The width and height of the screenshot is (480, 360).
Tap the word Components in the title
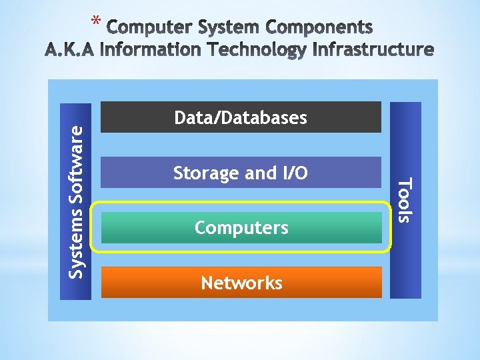[x=321, y=27]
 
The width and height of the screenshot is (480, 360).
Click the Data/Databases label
[x=240, y=118]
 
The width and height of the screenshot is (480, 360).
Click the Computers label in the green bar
[x=241, y=228]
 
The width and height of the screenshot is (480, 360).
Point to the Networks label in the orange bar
[x=241, y=283]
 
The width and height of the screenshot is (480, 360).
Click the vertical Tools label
[x=405, y=199]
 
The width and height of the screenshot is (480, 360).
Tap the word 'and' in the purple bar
[x=256, y=173]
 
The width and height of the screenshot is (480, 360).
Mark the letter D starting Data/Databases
[x=179, y=118]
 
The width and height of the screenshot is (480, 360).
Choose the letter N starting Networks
[x=207, y=283]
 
